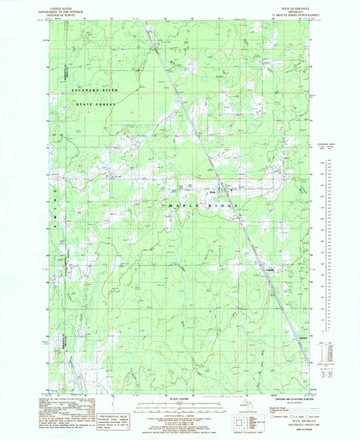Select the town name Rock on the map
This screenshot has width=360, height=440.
pos(211,191)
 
